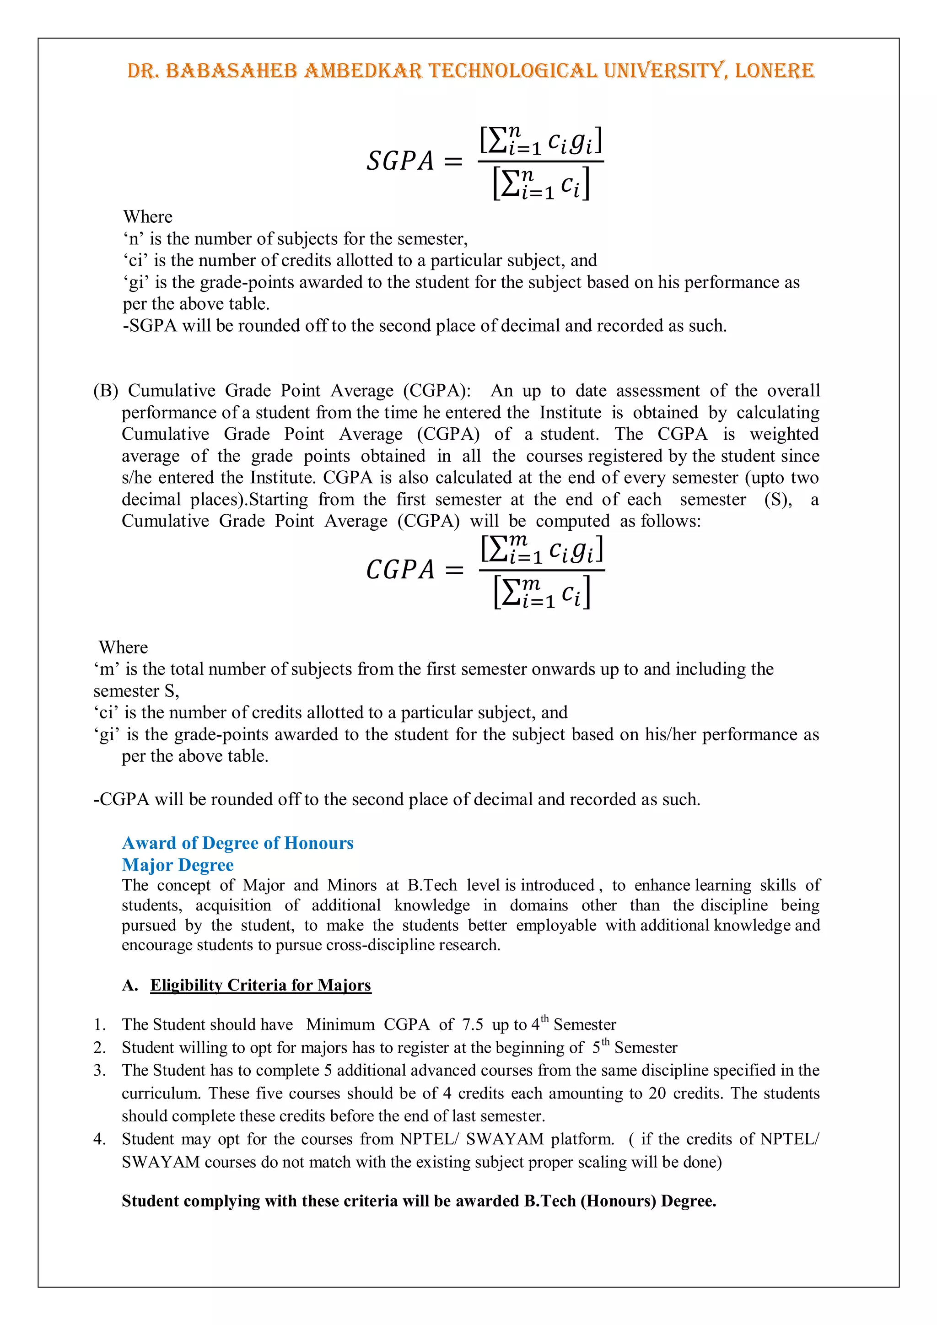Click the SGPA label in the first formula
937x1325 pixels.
(x=400, y=161)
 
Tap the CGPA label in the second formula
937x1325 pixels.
(x=400, y=570)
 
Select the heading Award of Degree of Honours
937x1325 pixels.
(x=238, y=843)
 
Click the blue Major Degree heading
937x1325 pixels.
(x=178, y=865)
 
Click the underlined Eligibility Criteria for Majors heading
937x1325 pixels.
(x=260, y=985)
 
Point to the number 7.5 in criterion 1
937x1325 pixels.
(x=473, y=1025)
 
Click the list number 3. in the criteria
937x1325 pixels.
(x=100, y=1071)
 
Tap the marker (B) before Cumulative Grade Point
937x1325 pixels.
(x=106, y=391)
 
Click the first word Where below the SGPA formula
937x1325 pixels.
(x=148, y=217)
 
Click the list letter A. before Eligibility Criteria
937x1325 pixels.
(x=130, y=985)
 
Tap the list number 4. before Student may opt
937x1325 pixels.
(x=100, y=1139)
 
